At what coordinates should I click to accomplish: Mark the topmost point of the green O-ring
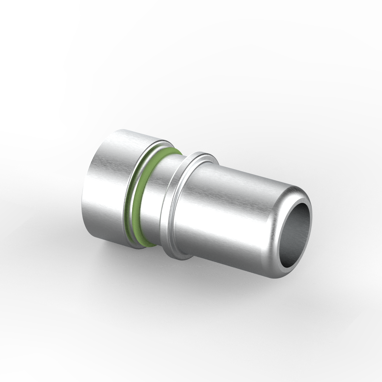click(173, 149)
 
